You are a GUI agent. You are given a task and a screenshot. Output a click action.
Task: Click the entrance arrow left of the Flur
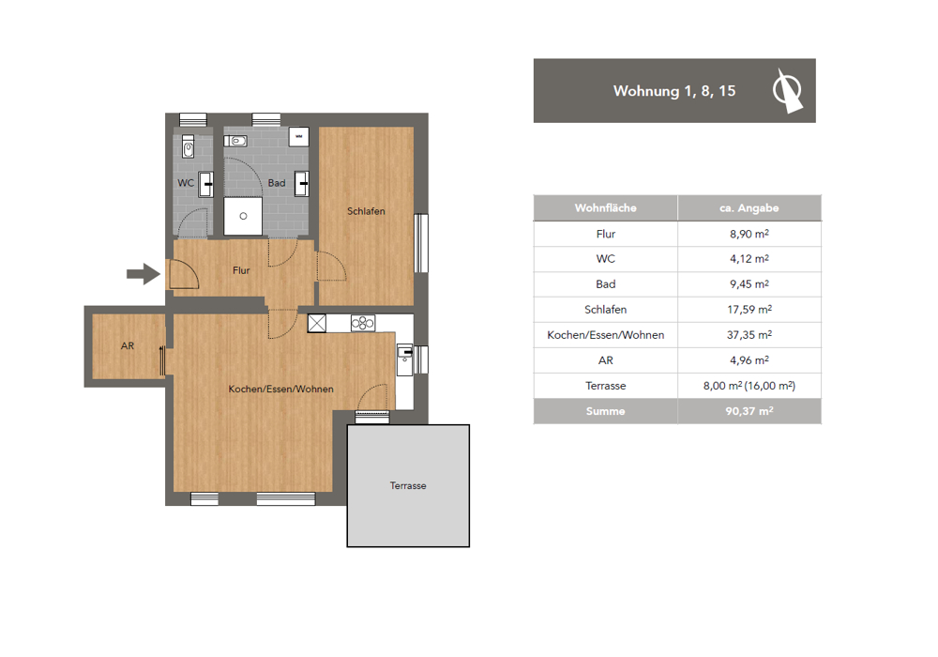(x=144, y=274)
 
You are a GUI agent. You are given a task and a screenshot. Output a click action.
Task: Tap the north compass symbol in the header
(x=787, y=91)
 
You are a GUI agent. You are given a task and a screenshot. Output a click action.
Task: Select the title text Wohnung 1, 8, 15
(x=674, y=91)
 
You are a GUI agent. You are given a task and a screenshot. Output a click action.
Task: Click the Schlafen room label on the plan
(x=366, y=211)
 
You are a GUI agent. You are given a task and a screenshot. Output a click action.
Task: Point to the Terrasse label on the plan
(x=408, y=486)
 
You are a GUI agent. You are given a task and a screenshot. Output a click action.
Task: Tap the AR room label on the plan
(x=128, y=345)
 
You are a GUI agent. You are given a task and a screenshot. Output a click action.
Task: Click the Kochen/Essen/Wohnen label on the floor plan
(x=281, y=389)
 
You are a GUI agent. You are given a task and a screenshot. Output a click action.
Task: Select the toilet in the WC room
(x=188, y=146)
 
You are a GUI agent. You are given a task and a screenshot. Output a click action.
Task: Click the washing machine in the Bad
(x=299, y=137)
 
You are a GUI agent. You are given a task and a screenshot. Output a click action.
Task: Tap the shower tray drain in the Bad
(x=244, y=216)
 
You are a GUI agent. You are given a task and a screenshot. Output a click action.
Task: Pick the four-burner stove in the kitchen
(x=363, y=323)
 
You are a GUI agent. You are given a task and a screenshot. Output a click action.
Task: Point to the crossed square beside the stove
(x=317, y=323)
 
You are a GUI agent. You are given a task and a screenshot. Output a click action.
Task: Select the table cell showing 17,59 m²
(x=749, y=310)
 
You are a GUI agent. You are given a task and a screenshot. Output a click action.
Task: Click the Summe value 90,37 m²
(x=749, y=411)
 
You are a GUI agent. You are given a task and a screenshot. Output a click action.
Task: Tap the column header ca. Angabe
(x=749, y=208)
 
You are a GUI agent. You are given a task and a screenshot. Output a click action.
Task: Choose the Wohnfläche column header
(x=605, y=208)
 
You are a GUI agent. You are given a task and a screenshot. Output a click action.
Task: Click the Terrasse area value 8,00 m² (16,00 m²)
(x=749, y=386)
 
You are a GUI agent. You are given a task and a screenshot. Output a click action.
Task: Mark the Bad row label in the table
(x=605, y=284)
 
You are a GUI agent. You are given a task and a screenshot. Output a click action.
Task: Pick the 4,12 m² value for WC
(x=749, y=258)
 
